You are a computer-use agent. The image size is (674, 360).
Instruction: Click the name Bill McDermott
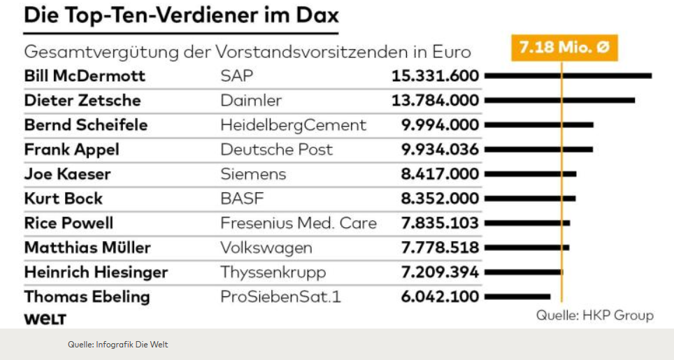pyautogui.click(x=85, y=75)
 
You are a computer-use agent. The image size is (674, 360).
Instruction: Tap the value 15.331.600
pyautogui.click(x=435, y=75)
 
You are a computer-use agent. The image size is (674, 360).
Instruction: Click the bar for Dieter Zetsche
pyautogui.click(x=559, y=100)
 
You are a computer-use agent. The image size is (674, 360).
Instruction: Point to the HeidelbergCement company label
pyautogui.click(x=293, y=125)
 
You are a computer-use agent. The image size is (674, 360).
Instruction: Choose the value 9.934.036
pyautogui.click(x=440, y=150)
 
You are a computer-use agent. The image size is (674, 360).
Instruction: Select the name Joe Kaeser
pyautogui.click(x=67, y=174)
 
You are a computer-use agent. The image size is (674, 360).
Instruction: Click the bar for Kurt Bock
pyautogui.click(x=530, y=199)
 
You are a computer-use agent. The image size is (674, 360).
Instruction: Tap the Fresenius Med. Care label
pyautogui.click(x=299, y=224)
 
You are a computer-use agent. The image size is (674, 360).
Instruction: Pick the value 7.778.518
pyautogui.click(x=440, y=247)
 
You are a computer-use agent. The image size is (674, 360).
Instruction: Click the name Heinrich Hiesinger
pyautogui.click(x=96, y=272)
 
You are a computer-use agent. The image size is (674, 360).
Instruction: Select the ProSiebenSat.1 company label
pyautogui.click(x=281, y=296)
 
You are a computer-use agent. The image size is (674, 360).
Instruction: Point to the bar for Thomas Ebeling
pyautogui.click(x=517, y=296)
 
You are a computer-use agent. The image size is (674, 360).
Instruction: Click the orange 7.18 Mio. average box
pyautogui.click(x=564, y=48)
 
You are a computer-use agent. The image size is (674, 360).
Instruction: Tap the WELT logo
pyautogui.click(x=45, y=319)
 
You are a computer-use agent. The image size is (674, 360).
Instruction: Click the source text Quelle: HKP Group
pyautogui.click(x=595, y=315)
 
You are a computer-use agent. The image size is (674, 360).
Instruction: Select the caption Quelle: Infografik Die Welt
pyautogui.click(x=117, y=344)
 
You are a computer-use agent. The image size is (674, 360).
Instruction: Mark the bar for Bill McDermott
pyautogui.click(x=568, y=75)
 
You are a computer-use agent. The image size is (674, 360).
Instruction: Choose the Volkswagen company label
pyautogui.click(x=266, y=247)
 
